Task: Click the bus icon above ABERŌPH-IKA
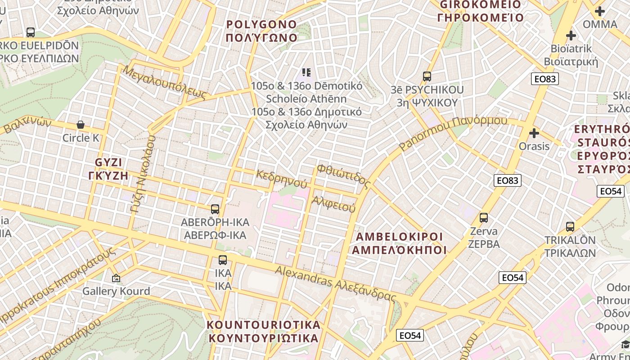click(215, 209)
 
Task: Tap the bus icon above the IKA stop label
click(223, 260)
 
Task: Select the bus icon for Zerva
click(484, 218)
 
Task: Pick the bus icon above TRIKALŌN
click(570, 226)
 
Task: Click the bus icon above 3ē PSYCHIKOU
click(427, 76)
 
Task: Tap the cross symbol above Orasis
click(534, 133)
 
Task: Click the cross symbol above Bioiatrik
click(571, 36)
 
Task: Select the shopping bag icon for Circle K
click(81, 125)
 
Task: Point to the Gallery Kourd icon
click(116, 279)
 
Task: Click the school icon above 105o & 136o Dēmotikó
click(306, 72)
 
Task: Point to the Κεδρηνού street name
click(282, 179)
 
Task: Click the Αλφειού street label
click(333, 204)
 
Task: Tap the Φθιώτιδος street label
click(344, 176)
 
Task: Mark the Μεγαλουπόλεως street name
click(165, 82)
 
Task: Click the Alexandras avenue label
click(336, 283)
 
